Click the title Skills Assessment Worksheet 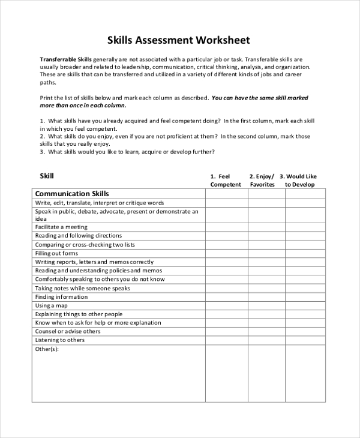(x=178, y=41)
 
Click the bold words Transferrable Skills (x=65, y=60)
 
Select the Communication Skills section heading (x=72, y=194)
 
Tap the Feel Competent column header (x=226, y=180)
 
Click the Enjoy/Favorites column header (x=262, y=180)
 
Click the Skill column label (x=47, y=176)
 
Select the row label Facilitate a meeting (x=61, y=227)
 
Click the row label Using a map (x=51, y=305)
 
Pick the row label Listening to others (x=60, y=340)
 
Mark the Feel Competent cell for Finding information (x=227, y=297)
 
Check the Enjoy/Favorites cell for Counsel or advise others (x=266, y=331)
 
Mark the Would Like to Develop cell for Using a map (x=305, y=305)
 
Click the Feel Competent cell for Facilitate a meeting (x=227, y=227)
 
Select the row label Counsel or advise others (x=68, y=331)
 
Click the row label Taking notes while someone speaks (x=83, y=288)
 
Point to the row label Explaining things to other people (x=79, y=314)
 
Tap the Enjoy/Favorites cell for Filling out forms (x=266, y=253)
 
